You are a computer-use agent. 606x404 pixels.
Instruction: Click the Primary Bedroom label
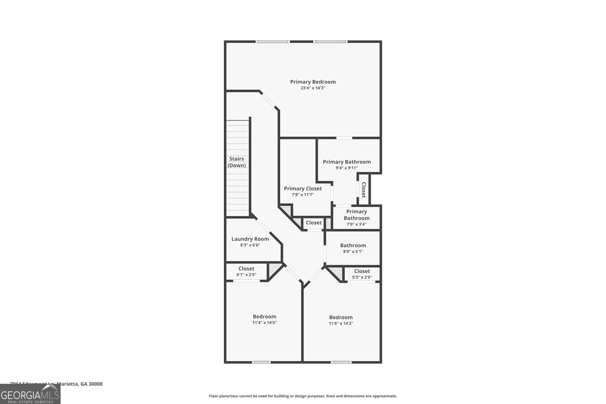[x=313, y=82]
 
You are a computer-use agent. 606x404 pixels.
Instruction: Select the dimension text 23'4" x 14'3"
[x=313, y=88]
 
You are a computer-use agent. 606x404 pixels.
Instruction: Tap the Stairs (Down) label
[x=236, y=162]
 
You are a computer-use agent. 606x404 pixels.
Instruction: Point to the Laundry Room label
[x=250, y=239]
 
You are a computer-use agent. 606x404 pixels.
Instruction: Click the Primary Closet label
[x=303, y=189]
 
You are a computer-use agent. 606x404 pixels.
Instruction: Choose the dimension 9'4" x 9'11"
[x=347, y=168]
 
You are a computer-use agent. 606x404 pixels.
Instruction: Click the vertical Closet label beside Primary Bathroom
[x=364, y=190]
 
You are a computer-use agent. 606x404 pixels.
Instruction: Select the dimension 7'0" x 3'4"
[x=356, y=224]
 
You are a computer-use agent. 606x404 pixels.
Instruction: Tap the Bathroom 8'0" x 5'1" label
[x=353, y=245]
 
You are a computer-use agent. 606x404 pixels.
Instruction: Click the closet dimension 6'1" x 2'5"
[x=246, y=275]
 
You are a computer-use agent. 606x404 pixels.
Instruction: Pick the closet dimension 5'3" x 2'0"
[x=362, y=278]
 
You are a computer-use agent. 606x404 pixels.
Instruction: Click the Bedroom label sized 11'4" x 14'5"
[x=264, y=317]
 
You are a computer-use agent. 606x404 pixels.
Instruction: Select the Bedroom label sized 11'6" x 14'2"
[x=340, y=317]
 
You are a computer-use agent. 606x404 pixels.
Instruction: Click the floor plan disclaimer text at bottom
[x=303, y=396]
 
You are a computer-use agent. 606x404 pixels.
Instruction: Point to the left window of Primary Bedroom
[x=272, y=41]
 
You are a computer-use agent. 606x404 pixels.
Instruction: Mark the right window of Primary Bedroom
[x=330, y=41]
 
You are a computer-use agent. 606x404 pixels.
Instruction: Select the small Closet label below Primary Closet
[x=314, y=223]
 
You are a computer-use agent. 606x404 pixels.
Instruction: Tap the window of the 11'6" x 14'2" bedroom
[x=341, y=362]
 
